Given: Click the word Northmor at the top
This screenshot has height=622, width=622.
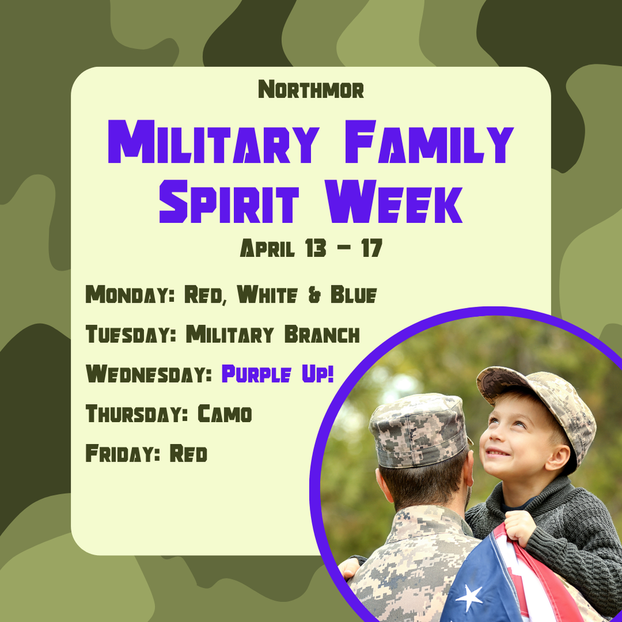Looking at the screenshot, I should point(311,90).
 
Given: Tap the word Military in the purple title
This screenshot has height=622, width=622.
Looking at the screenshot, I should point(213,143).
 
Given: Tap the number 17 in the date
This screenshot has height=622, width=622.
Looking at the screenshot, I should point(371,248).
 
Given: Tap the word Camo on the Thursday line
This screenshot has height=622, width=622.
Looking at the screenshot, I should point(225,414).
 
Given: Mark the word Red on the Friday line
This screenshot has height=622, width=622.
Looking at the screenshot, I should point(188,454).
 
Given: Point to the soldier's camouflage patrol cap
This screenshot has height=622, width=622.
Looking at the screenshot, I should point(419,429).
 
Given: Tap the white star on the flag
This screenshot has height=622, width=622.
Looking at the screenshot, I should point(470,598).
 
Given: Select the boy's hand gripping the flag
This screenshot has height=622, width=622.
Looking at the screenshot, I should point(519,526).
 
